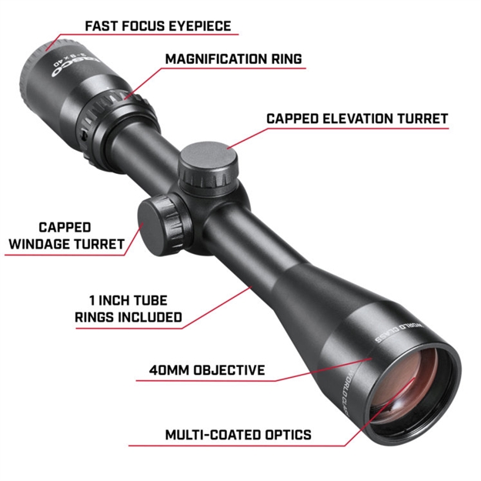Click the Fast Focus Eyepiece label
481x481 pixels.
[157, 25]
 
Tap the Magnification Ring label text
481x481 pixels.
[234, 58]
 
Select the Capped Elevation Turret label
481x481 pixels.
[356, 119]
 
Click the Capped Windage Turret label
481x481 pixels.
[65, 235]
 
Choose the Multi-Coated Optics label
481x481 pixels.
[238, 435]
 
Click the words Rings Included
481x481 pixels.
[129, 316]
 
